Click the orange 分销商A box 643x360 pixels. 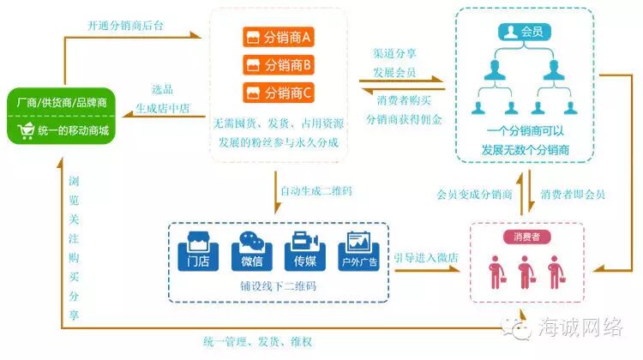click(278, 38)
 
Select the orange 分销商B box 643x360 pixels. click(278, 64)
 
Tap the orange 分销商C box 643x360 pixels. click(278, 91)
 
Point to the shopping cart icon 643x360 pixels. click(24, 131)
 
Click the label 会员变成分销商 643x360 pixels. click(473, 195)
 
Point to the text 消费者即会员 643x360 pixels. click(573, 195)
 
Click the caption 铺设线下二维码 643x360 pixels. click(279, 285)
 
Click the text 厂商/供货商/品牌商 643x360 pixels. click(62, 103)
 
